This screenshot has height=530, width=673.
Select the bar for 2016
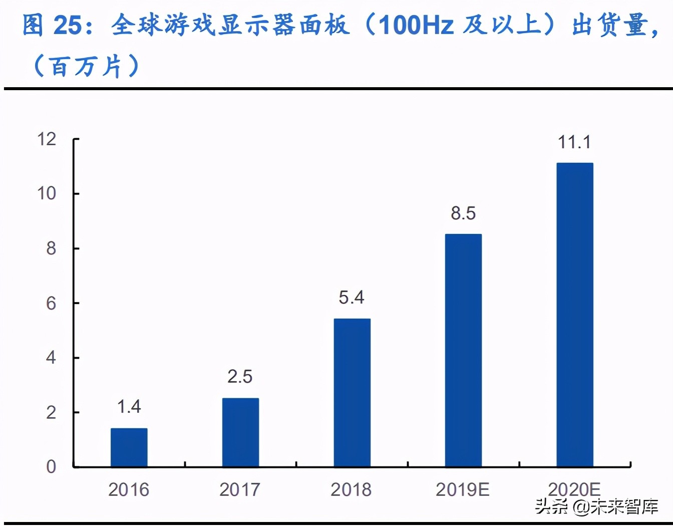coord(129,447)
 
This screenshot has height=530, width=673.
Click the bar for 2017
coord(240,432)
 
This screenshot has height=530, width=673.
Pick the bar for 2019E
coord(463,350)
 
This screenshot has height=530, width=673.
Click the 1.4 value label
coord(129,407)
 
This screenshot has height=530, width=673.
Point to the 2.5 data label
coord(240,377)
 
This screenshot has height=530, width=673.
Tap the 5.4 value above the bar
coord(352,298)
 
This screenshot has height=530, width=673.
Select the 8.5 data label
coord(463,213)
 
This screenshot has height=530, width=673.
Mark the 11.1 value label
coord(574,142)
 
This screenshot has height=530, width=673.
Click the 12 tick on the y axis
coord(47,139)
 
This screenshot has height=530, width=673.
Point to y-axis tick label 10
coord(47,193)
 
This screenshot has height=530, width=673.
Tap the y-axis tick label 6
coord(51,303)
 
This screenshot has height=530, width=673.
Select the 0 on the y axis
coord(51,467)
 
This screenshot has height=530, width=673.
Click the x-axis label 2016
coord(129,489)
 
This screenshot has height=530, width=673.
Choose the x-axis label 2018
coord(351,489)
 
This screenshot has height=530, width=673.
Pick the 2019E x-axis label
coord(463,489)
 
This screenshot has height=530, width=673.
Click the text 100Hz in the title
coord(416,25)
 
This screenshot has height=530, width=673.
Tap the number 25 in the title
coord(67,25)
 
